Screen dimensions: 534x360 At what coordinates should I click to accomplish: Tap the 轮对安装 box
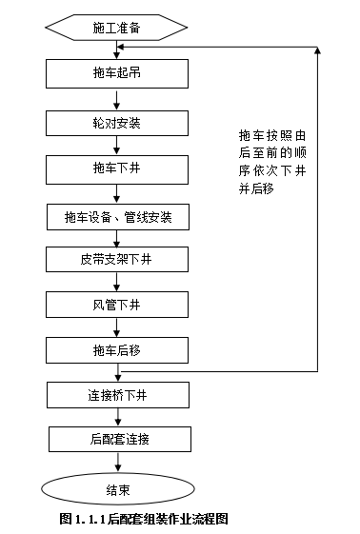pos(117,123)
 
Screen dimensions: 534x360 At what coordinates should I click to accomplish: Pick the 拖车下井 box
pos(117,168)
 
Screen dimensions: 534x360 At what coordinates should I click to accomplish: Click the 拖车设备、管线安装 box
pos(117,216)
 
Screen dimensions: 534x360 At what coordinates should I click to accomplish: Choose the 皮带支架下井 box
pos(117,259)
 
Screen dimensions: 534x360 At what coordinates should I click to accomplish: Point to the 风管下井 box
pos(117,305)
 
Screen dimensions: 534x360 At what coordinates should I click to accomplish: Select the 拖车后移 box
pos(117,349)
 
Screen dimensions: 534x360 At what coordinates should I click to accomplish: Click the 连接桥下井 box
pos(117,393)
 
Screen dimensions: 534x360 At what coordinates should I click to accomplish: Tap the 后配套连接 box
pos(117,438)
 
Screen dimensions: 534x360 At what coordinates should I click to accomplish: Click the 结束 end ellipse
pos(117,489)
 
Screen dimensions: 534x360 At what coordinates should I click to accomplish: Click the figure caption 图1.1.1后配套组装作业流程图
pos(145,519)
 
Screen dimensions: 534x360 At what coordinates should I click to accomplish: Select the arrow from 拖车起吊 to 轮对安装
pos(117,98)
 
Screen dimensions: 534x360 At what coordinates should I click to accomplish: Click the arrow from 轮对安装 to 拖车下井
pos(117,146)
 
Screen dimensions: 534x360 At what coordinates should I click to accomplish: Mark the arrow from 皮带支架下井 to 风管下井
pos(117,282)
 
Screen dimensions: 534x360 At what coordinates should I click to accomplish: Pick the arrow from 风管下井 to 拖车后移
pos(117,326)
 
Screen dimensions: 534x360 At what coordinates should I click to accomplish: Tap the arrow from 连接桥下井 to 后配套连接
pos(117,416)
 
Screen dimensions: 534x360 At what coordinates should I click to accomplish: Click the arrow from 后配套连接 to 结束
pos(117,462)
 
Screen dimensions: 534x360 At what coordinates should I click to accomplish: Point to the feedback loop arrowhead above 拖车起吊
pos(125,48)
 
